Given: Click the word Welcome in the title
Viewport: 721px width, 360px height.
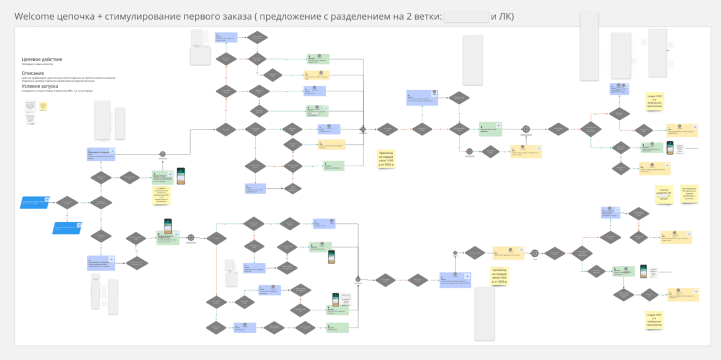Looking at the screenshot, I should point(36,17).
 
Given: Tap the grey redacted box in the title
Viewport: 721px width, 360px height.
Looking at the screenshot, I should point(465,17).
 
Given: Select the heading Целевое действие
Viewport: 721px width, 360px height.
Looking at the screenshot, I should point(42,59).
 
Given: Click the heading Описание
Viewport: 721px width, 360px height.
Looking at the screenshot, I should point(34,74).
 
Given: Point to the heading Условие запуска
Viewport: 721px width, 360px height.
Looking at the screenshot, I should point(42,86).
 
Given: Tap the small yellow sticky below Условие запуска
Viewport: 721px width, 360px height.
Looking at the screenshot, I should point(43,105).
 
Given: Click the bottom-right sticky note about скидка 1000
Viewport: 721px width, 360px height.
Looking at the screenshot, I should point(654,320).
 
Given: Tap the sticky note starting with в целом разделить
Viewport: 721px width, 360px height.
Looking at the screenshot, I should point(664,194).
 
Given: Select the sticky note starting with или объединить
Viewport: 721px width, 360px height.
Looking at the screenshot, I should point(689,193).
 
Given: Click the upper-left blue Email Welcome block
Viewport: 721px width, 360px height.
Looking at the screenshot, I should point(101,154).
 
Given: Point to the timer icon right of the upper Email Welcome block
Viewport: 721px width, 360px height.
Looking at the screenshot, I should point(162,155).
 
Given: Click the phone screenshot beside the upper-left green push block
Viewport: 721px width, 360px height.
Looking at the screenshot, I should point(181,176).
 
